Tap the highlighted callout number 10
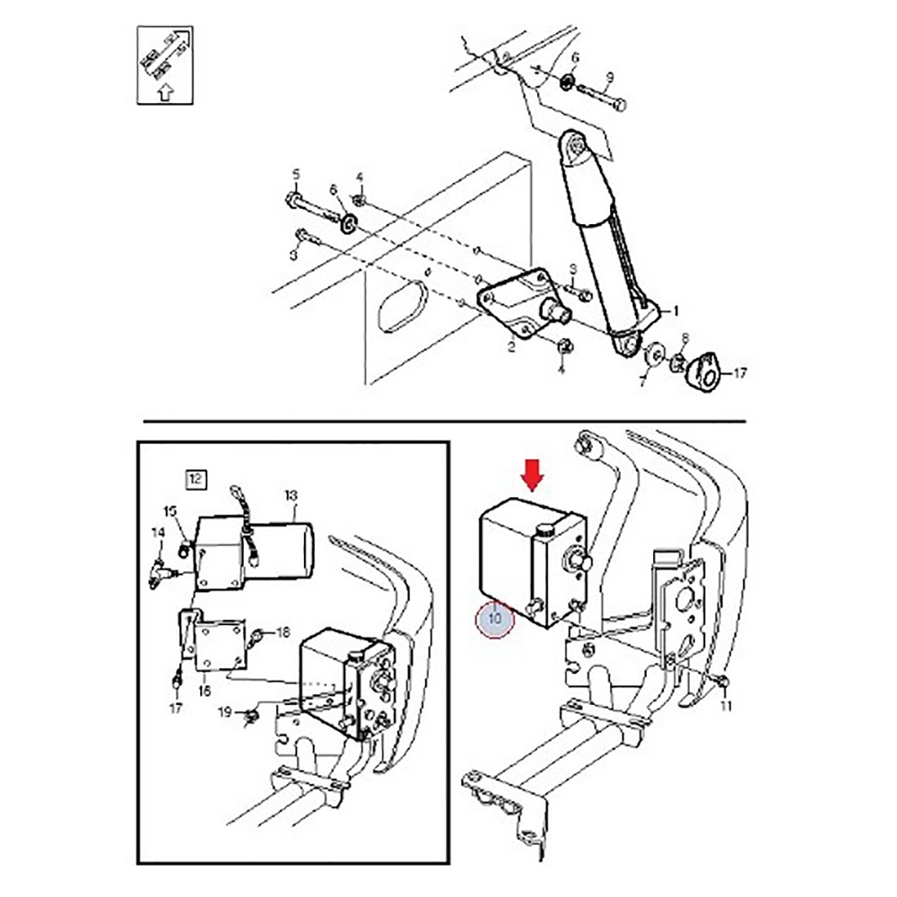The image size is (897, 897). pyautogui.click(x=495, y=618)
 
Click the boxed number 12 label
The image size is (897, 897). pyautogui.click(x=195, y=478)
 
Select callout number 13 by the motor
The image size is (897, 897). pyautogui.click(x=290, y=495)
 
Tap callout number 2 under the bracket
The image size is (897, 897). pyautogui.click(x=511, y=346)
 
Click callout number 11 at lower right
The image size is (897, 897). pyautogui.click(x=726, y=706)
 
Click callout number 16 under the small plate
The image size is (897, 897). pyautogui.click(x=205, y=692)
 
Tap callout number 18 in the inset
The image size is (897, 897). pyautogui.click(x=283, y=632)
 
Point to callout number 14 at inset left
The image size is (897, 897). pyautogui.click(x=158, y=533)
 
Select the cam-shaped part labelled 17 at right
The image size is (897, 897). pyautogui.click(x=704, y=370)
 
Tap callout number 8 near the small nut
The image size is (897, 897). pyautogui.click(x=684, y=338)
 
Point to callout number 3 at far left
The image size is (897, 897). pyautogui.click(x=292, y=257)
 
